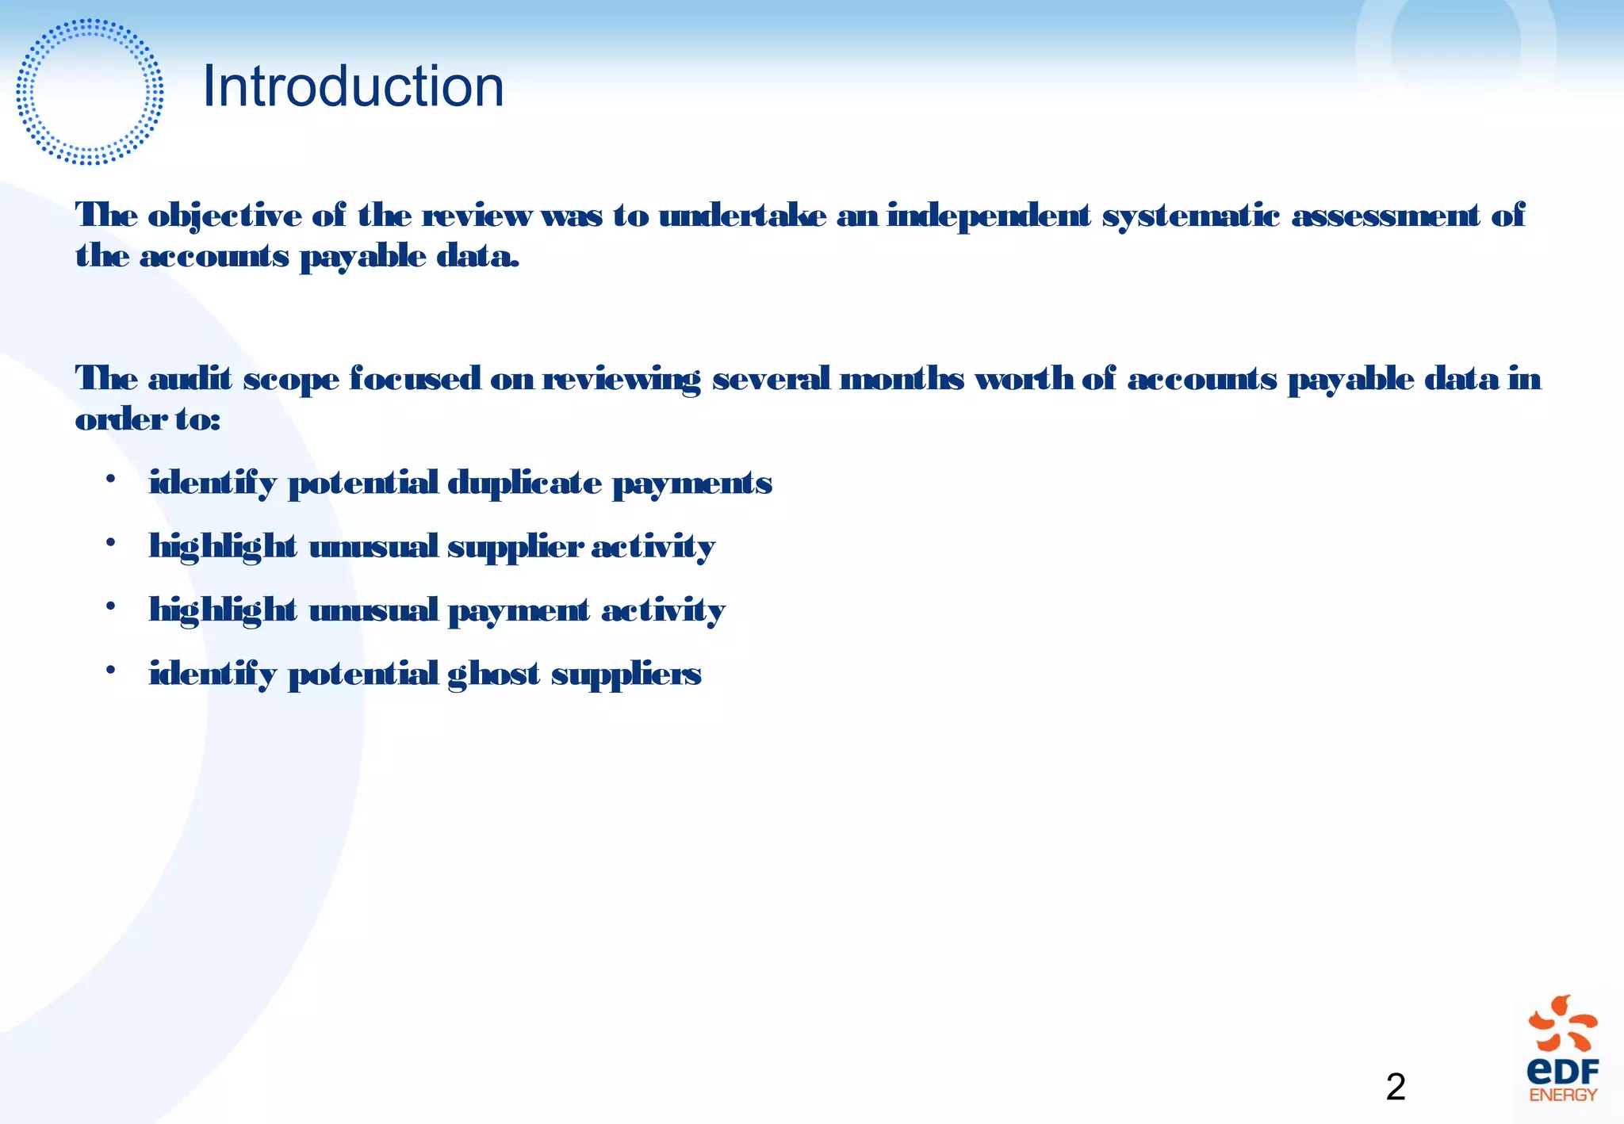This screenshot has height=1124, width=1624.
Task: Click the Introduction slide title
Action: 353,86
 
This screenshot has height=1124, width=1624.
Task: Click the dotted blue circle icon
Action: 90,92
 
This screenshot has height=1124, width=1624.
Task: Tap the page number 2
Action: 1396,1087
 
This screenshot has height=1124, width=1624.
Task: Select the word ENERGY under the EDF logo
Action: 1563,1095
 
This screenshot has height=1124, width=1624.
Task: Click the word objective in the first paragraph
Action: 224,216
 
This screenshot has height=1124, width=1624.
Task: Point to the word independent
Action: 988,216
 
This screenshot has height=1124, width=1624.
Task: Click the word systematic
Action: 1190,216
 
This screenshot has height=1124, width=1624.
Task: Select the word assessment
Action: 1385,216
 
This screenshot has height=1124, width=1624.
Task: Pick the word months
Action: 902,379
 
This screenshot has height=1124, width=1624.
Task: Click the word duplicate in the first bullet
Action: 524,483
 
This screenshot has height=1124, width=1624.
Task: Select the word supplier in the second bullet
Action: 515,547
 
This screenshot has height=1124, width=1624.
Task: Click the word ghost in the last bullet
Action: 493,675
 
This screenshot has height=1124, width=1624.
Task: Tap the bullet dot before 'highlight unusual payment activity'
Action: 111,607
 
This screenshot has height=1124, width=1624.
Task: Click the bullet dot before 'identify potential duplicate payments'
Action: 111,480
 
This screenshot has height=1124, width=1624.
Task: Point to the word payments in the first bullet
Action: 691,484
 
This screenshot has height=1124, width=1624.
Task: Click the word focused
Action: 415,379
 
